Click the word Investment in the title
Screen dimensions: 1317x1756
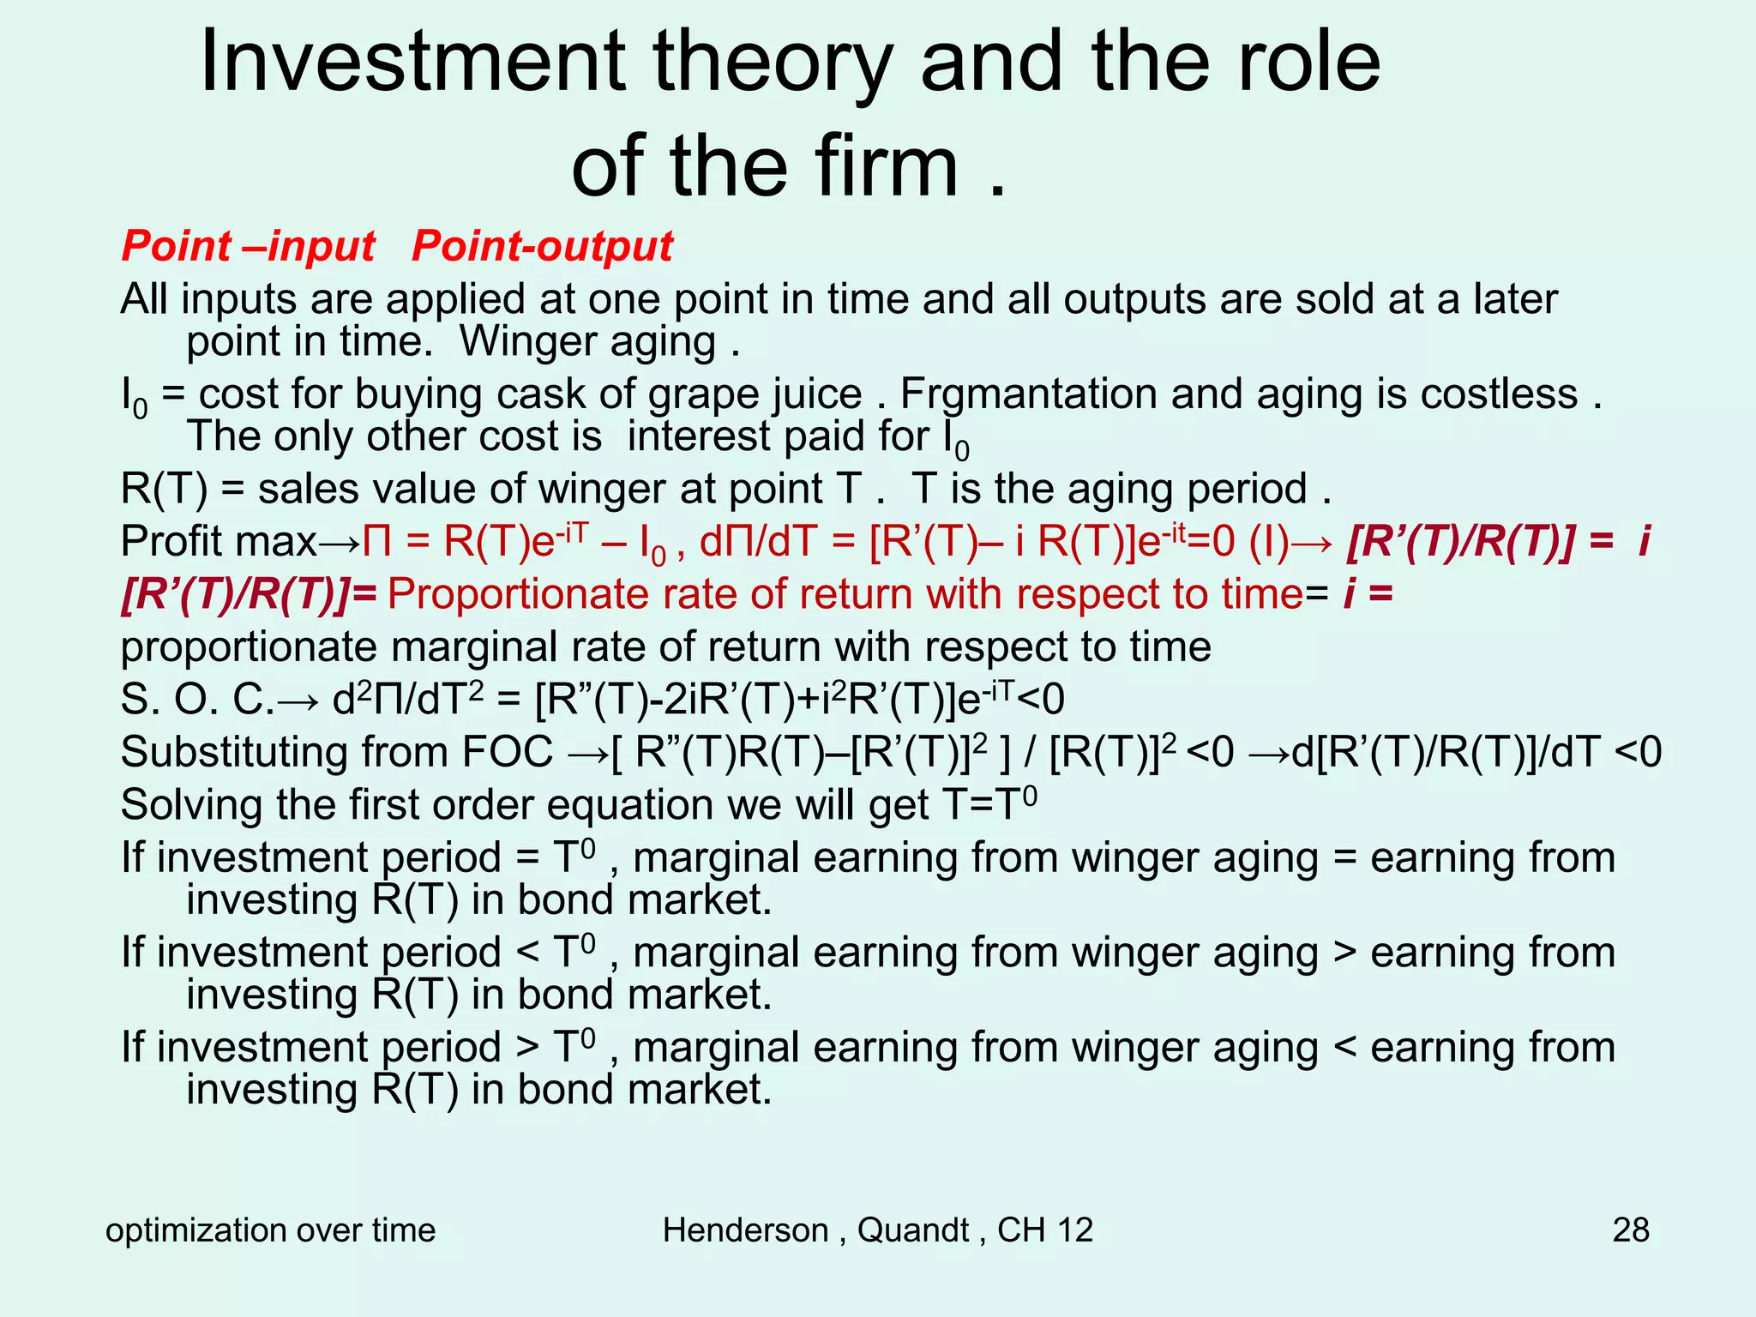coord(412,62)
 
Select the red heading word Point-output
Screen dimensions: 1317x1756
coord(542,247)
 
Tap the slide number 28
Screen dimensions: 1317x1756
coord(1630,1230)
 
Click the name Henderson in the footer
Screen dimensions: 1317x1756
coord(745,1230)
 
